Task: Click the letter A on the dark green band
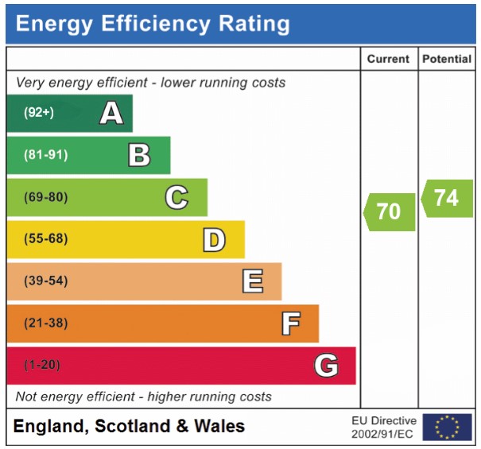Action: pyautogui.click(x=111, y=114)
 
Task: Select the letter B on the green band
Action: pyautogui.click(x=139, y=155)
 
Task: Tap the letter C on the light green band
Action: pyautogui.click(x=176, y=197)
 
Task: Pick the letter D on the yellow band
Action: pyautogui.click(x=213, y=239)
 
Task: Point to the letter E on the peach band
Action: pyautogui.click(x=252, y=281)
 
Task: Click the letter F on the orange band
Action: pyautogui.click(x=290, y=323)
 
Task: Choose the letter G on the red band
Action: pyautogui.click(x=326, y=366)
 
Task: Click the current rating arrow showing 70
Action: pyautogui.click(x=390, y=211)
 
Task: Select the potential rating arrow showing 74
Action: pyautogui.click(x=447, y=197)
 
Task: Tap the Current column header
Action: pyautogui.click(x=388, y=59)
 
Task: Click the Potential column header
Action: pyautogui.click(x=446, y=59)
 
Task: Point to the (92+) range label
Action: pyautogui.click(x=38, y=113)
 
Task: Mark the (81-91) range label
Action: pyautogui.click(x=45, y=155)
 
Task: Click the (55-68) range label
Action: pyautogui.click(x=45, y=239)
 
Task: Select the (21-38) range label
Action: pyautogui.click(x=45, y=323)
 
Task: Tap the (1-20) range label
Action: pyautogui.click(x=42, y=366)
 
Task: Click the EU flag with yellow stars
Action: pyautogui.click(x=447, y=428)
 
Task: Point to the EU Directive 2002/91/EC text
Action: pyautogui.click(x=383, y=428)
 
